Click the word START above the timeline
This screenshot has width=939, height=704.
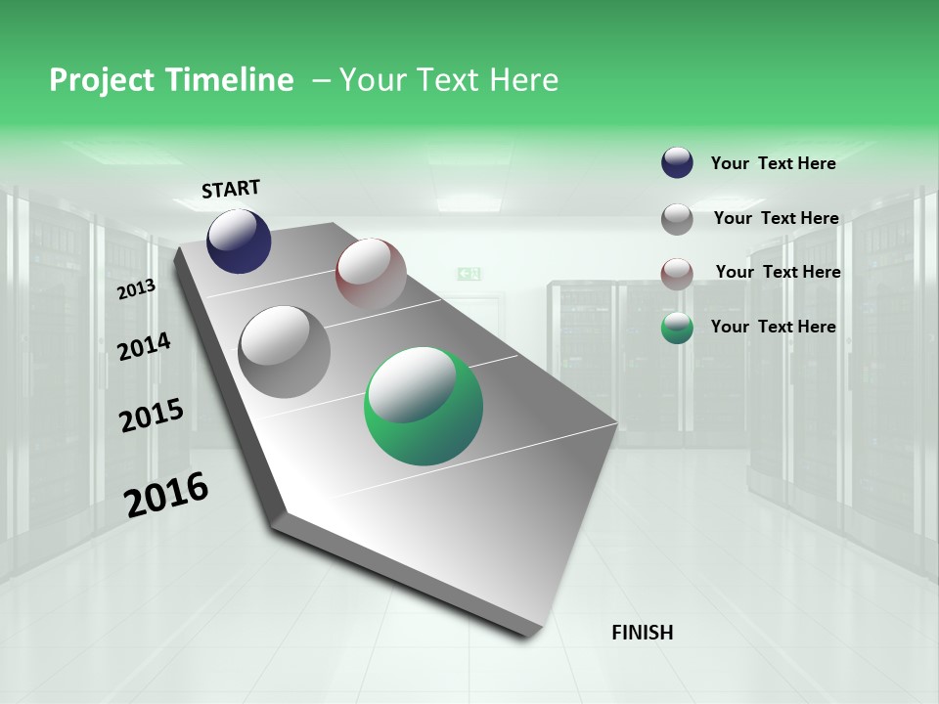[231, 189]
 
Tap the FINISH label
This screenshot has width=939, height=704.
[642, 633]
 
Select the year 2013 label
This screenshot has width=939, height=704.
[137, 289]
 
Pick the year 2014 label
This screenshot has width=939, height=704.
[144, 346]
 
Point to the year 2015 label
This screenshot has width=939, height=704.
[152, 416]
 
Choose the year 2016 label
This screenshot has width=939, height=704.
[166, 495]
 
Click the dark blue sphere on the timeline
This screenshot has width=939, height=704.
[239, 241]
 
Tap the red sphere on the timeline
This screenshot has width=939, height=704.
[371, 273]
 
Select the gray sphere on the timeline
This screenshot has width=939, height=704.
[285, 351]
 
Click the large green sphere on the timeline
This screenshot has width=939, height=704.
[424, 406]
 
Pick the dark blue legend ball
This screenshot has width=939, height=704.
[677, 163]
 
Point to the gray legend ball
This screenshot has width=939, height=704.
[677, 219]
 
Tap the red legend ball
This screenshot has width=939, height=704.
[677, 273]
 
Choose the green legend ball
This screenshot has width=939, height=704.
[677, 328]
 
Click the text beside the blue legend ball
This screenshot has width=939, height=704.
[773, 163]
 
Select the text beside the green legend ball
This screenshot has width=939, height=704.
[773, 327]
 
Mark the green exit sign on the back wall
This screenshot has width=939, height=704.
[469, 274]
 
